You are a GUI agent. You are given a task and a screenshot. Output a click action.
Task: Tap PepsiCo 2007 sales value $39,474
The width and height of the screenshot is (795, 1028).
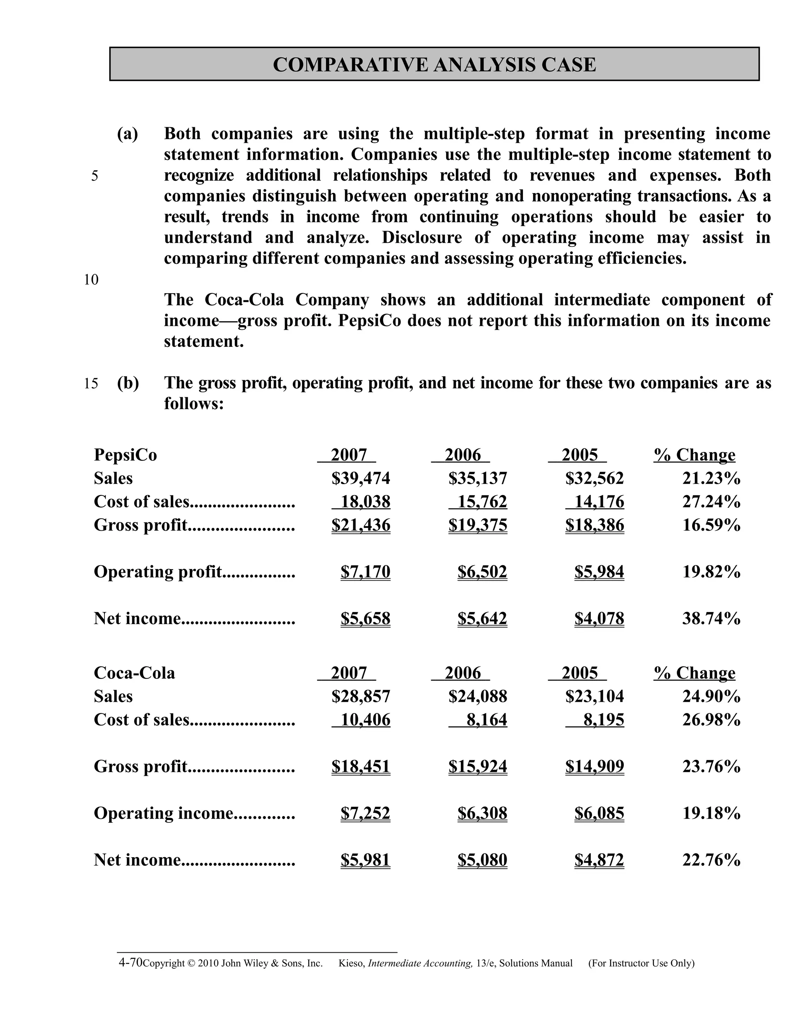[x=361, y=478]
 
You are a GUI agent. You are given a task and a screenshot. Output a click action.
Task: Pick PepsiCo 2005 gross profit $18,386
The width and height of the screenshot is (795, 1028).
[x=594, y=525]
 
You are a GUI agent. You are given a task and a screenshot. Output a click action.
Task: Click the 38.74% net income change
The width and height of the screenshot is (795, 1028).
[x=711, y=618]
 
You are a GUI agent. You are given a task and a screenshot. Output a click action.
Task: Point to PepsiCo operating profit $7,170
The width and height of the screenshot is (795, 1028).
[x=365, y=571]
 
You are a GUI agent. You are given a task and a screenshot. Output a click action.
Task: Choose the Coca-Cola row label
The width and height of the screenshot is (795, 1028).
[x=134, y=673]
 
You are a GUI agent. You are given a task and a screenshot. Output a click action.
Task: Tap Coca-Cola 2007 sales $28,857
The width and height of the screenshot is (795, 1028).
[x=361, y=696]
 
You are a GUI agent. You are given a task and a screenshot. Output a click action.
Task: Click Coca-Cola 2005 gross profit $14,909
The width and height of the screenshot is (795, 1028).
[x=594, y=766]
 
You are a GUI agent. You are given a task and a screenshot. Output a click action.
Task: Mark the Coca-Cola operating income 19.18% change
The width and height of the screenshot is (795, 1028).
[x=711, y=813]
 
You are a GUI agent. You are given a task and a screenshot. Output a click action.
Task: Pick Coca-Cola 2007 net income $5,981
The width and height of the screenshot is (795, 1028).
[x=365, y=860]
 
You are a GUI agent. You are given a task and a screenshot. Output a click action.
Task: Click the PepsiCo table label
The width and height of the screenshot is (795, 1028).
[x=125, y=455]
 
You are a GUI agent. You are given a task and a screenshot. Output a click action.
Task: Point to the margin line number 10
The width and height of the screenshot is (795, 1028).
[x=91, y=280]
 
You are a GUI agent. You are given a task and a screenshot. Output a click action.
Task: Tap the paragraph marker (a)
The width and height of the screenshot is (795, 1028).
[x=128, y=134]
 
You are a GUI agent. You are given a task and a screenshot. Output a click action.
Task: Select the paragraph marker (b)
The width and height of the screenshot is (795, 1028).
[x=128, y=383]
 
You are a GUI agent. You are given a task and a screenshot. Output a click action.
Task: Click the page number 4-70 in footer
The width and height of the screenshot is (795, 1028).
[x=130, y=962]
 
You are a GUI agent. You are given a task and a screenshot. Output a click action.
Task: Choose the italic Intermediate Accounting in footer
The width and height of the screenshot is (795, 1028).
[x=420, y=964]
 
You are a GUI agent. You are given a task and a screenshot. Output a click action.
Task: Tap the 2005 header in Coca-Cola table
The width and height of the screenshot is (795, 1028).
[x=579, y=673]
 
